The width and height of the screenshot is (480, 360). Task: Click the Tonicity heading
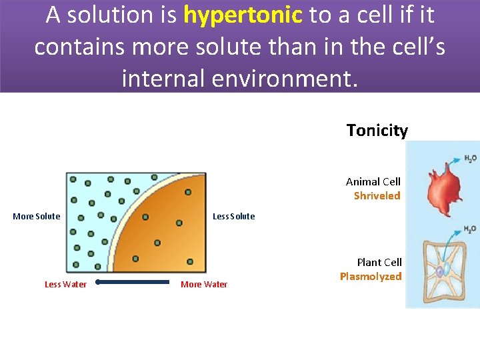(x=377, y=131)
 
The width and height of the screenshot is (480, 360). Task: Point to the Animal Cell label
(x=373, y=181)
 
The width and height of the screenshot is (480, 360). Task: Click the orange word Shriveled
(x=377, y=195)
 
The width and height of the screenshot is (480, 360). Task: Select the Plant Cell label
(x=379, y=262)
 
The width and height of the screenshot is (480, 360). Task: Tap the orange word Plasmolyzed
(x=371, y=276)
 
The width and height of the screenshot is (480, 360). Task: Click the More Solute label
(x=37, y=216)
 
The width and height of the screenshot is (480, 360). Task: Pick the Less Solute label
(x=233, y=216)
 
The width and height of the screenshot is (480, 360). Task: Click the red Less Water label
(x=65, y=285)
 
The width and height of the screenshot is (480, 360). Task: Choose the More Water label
(x=204, y=285)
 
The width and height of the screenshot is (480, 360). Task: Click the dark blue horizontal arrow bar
(x=133, y=282)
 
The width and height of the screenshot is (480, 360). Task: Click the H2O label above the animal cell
(x=469, y=159)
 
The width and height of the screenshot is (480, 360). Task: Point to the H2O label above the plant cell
(x=469, y=229)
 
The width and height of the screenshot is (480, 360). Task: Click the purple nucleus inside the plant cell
(x=440, y=272)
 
